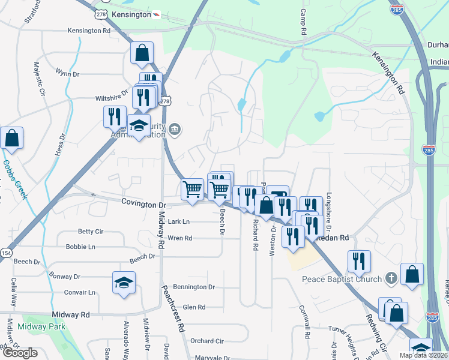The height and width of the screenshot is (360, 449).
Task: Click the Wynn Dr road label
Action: coord(67,74)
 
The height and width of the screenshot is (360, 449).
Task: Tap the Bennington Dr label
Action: coord(193,287)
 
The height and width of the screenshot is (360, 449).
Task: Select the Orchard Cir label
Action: coord(206,341)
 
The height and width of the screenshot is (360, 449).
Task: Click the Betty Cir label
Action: coord(91,232)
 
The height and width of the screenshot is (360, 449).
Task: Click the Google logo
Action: coord(20,353)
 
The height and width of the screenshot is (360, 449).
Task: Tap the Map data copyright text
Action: coord(423,355)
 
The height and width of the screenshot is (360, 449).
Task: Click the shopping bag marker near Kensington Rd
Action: coord(142,53)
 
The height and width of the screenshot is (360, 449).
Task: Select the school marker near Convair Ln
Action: coord(124,283)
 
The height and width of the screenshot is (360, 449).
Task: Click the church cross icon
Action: coord(391,278)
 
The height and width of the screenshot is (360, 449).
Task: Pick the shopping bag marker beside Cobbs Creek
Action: coord(12,139)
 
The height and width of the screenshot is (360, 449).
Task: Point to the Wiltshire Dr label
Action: coord(112,98)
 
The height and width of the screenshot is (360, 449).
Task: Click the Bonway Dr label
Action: coord(64,277)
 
